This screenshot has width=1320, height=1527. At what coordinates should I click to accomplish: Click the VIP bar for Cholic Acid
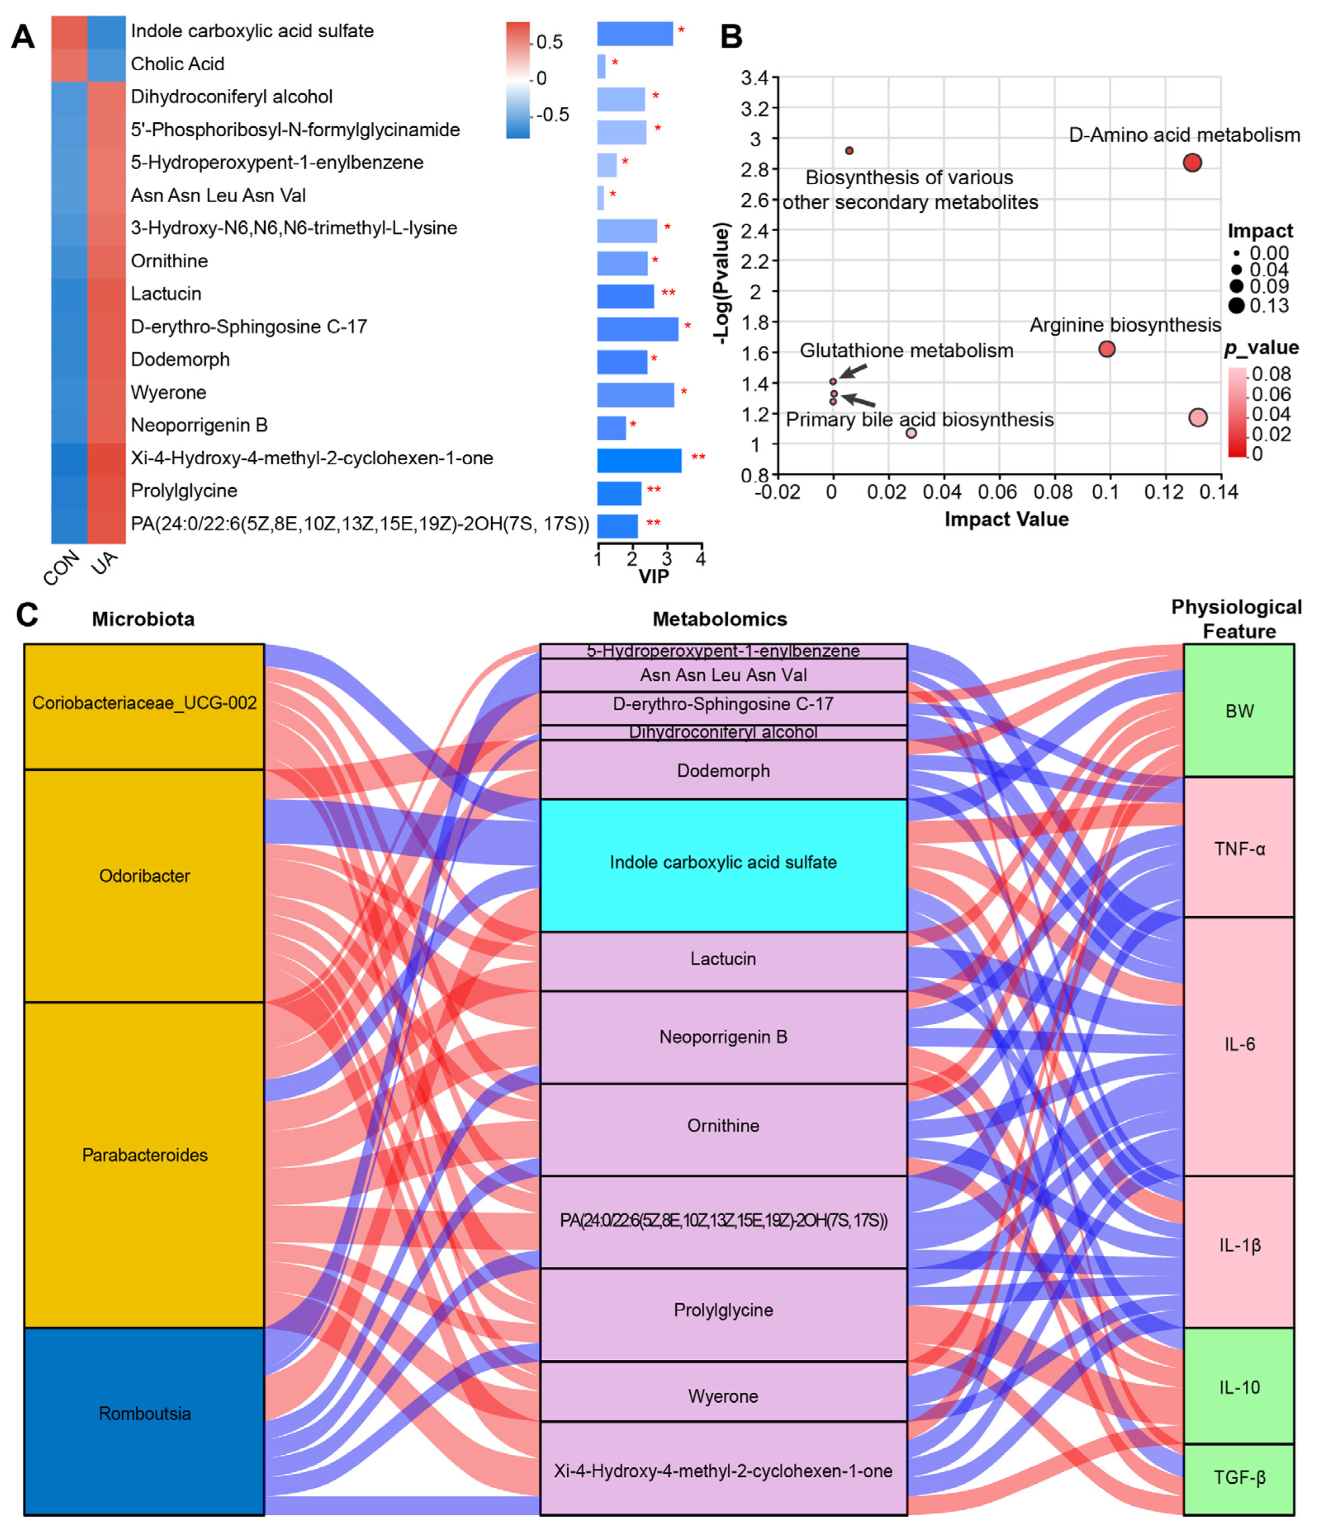601,67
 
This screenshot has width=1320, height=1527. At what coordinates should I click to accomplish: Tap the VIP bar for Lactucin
625,296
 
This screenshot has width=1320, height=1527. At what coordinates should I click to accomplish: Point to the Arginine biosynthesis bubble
1106,349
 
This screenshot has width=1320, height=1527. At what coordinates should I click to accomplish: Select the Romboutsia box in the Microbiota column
144,1414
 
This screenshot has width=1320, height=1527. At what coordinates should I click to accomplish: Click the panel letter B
730,37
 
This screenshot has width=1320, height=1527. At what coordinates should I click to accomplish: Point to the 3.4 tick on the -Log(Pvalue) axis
754,77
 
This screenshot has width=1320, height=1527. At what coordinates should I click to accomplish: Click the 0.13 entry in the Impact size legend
1268,305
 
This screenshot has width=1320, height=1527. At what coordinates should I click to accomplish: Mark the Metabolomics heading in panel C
720,619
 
